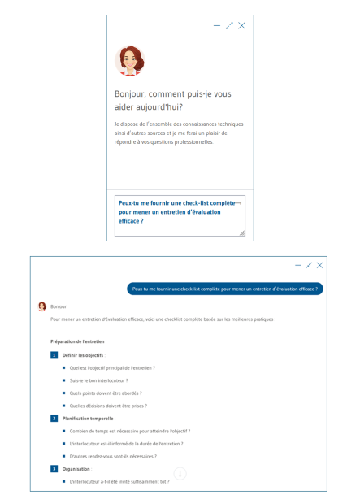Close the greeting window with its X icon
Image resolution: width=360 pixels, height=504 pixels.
point(242,26)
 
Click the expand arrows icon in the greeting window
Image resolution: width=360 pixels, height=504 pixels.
point(229,26)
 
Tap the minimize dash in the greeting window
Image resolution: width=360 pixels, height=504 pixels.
point(217,26)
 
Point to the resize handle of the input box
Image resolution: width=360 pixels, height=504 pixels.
point(241,233)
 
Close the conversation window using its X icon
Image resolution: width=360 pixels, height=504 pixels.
point(320,265)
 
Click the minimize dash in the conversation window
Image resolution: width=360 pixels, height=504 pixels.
point(297,265)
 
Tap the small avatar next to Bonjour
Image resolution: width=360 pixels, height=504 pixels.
point(42,306)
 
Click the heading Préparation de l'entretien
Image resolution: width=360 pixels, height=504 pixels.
point(77,341)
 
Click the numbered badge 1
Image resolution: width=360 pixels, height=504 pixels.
point(54,355)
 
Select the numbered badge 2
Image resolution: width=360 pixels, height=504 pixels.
point(54,418)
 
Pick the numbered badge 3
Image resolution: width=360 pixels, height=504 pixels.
point(54,469)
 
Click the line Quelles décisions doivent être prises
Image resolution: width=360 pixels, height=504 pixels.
point(108,406)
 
